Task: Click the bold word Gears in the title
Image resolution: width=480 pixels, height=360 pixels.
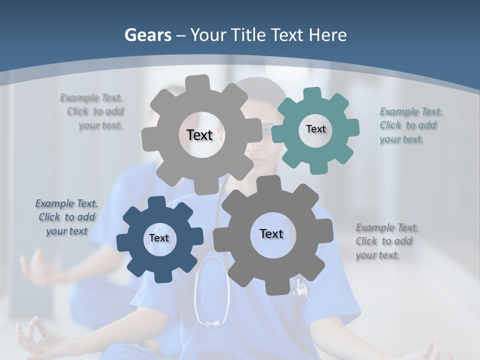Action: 147,35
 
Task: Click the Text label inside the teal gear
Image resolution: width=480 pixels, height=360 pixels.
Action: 315,129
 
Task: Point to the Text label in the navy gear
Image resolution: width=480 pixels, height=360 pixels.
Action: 159,238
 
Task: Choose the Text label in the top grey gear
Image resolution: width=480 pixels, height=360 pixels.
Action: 199,135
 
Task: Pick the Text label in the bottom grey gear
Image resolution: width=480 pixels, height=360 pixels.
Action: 271,233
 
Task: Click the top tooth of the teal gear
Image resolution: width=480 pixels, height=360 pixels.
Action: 312,93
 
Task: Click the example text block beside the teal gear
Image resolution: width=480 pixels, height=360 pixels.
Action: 411,125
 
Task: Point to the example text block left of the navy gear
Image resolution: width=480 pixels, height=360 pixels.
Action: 66,217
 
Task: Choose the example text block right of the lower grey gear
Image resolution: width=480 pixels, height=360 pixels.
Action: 387,241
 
